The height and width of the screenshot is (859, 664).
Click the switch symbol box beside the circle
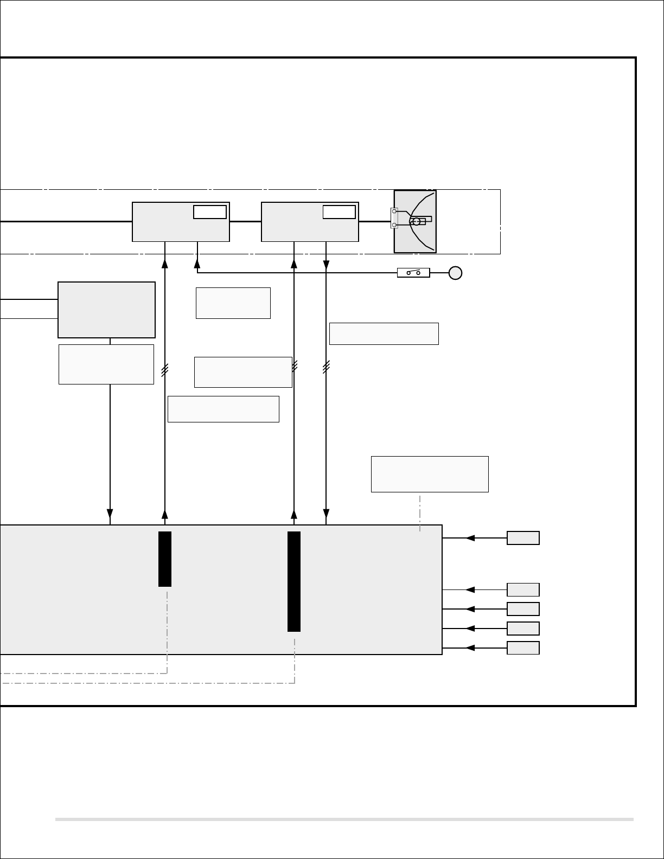(x=413, y=272)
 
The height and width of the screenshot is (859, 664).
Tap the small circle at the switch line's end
(x=455, y=273)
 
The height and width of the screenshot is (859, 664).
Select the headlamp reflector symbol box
(x=415, y=221)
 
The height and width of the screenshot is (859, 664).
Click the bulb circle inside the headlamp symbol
(x=416, y=221)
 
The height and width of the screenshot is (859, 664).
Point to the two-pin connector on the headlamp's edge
(x=394, y=218)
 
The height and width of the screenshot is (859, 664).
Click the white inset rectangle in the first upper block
(x=210, y=212)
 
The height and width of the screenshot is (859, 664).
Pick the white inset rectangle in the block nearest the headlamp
(x=339, y=212)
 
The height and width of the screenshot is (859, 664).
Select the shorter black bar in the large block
(x=165, y=559)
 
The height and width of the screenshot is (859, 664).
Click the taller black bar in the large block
(x=294, y=581)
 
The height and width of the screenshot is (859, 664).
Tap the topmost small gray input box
(x=523, y=538)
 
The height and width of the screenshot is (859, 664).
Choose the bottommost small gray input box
(x=523, y=648)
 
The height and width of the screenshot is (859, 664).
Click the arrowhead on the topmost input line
(x=470, y=538)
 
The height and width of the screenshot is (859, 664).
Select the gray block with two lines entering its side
(x=106, y=310)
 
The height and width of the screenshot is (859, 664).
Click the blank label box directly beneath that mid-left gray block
(x=106, y=364)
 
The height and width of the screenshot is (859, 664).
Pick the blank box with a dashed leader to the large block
(x=430, y=474)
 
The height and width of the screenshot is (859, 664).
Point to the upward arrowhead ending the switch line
(x=197, y=264)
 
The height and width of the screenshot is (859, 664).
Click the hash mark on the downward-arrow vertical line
(x=326, y=368)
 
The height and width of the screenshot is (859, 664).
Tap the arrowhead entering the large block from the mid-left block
(x=110, y=514)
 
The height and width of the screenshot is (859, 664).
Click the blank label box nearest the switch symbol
(x=384, y=334)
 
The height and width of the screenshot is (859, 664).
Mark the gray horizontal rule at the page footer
(x=344, y=819)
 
